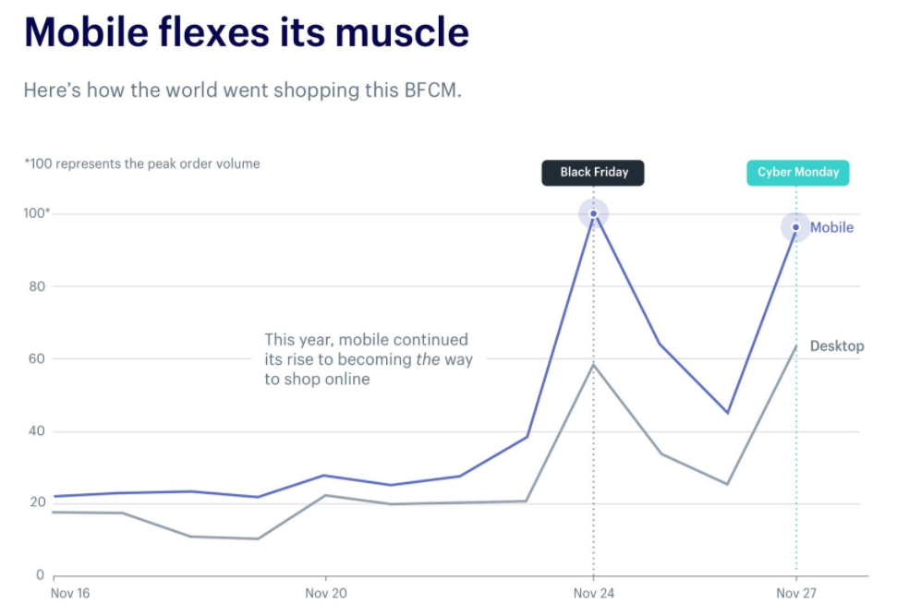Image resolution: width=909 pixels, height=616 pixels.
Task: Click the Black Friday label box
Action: [592, 173]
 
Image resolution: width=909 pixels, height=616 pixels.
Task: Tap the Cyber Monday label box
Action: [797, 173]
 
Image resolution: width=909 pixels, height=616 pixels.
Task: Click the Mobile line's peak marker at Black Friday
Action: [593, 213]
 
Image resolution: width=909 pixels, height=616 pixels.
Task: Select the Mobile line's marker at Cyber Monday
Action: [795, 227]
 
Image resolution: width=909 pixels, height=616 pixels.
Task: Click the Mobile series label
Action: [831, 227]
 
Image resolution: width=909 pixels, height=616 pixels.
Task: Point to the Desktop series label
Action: [837, 346]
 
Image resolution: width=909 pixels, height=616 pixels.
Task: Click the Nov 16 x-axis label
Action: [70, 593]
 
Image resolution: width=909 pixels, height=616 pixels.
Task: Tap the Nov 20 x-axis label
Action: [326, 593]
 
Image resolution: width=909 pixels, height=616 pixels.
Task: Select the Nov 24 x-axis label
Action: [593, 593]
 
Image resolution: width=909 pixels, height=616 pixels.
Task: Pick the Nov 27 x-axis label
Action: [796, 593]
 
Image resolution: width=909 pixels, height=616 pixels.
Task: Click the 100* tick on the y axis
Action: [37, 214]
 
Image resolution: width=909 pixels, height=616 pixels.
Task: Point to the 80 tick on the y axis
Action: [38, 286]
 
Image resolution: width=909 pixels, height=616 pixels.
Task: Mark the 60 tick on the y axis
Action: [38, 358]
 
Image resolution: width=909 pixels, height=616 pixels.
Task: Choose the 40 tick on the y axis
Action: [38, 431]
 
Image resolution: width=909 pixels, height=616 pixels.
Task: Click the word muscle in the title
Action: [403, 33]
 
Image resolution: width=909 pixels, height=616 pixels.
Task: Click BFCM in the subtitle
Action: [431, 91]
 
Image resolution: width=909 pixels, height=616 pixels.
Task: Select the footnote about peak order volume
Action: [142, 163]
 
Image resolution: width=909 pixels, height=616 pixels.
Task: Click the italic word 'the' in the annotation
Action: [427, 359]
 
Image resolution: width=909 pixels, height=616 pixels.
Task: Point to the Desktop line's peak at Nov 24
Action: [593, 364]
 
